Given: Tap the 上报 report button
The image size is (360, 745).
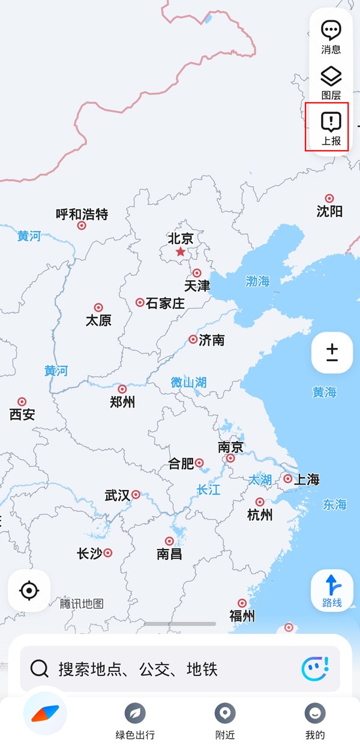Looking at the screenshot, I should pyautogui.click(x=331, y=128).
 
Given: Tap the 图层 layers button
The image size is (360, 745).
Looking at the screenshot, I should pyautogui.click(x=331, y=83).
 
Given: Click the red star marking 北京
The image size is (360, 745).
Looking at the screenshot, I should pyautogui.click(x=181, y=252).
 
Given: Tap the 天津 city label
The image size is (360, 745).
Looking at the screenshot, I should pyautogui.click(x=197, y=286).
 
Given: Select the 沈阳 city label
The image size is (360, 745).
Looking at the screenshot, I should pyautogui.click(x=329, y=211).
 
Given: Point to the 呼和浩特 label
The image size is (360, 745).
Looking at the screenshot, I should pyautogui.click(x=82, y=214).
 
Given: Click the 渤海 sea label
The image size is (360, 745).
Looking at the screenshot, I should pyautogui.click(x=257, y=281).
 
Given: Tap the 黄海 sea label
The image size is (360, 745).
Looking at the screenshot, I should pyautogui.click(x=324, y=392).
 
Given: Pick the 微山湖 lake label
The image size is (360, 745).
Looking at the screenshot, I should pyautogui.click(x=188, y=382).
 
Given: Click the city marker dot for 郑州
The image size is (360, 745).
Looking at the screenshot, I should pyautogui.click(x=122, y=389).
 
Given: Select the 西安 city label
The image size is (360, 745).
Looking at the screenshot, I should pyautogui.click(x=22, y=414).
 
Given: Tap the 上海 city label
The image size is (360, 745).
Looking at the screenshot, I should pyautogui.click(x=307, y=479).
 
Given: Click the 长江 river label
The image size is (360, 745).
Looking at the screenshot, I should pyautogui.click(x=208, y=490).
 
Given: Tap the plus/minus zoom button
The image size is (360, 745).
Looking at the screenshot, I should pyautogui.click(x=332, y=353).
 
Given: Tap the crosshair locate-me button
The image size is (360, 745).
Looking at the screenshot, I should pyautogui.click(x=29, y=591).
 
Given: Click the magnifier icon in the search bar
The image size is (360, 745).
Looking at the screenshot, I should pyautogui.click(x=40, y=668).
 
